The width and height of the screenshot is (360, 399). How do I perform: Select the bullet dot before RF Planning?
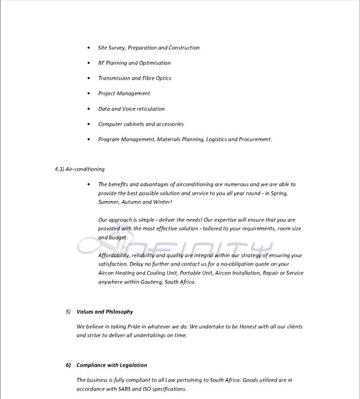(89, 63)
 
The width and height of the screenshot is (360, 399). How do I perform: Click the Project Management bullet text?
(124, 94)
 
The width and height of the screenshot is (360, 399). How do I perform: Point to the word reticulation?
(151, 109)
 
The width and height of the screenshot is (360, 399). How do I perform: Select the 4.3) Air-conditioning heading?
(79, 169)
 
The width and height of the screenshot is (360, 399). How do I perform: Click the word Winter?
(163, 202)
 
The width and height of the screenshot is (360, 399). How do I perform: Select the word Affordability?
(113, 255)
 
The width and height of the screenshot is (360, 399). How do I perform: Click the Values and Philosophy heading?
(105, 312)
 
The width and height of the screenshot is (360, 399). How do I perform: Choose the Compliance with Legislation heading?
(112, 365)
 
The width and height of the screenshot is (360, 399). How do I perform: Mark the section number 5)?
(68, 312)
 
